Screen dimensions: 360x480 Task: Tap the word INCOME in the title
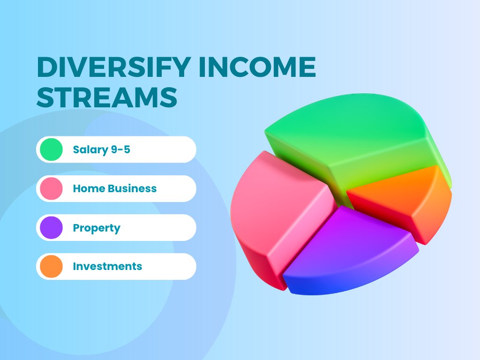pyautogui.click(x=257, y=68)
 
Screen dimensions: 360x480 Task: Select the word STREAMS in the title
pyautogui.click(x=107, y=98)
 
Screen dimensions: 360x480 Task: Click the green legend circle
pyautogui.click(x=51, y=150)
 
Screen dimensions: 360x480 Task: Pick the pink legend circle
pyautogui.click(x=51, y=188)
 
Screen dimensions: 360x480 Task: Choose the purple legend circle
pyautogui.click(x=51, y=228)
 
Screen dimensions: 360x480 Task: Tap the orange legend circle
pyautogui.click(x=51, y=266)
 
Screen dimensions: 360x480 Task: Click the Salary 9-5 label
pyautogui.click(x=101, y=150)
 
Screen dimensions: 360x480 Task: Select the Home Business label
pyautogui.click(x=115, y=189)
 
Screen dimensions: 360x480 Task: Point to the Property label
pyautogui.click(x=97, y=228)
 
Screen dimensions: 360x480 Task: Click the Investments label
pyautogui.click(x=107, y=267)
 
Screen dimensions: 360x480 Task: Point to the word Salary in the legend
pyautogui.click(x=90, y=150)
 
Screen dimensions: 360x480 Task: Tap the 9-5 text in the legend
pyautogui.click(x=120, y=150)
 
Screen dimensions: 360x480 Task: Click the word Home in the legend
pyautogui.click(x=89, y=189)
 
